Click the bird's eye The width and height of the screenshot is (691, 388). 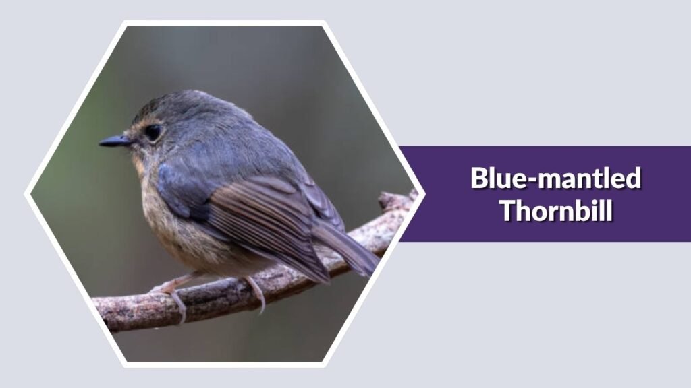(153, 133)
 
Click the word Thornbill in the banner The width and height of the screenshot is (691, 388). (556, 210)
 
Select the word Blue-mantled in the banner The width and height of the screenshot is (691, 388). (556, 179)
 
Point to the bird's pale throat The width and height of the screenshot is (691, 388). (142, 165)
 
